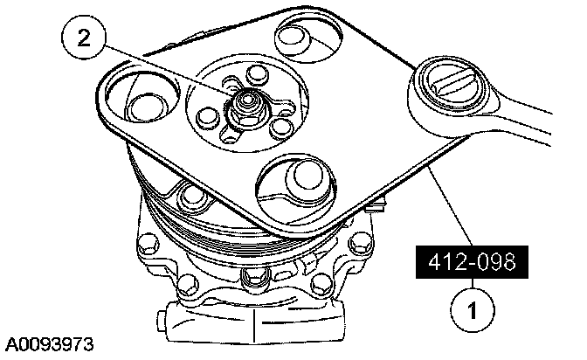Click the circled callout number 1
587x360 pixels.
pyautogui.click(x=472, y=310)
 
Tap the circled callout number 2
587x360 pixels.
pyautogui.click(x=84, y=37)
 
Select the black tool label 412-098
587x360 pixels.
pyautogui.click(x=472, y=262)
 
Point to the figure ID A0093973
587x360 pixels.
pyautogui.click(x=49, y=344)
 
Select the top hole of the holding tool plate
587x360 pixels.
pyautogui.click(x=307, y=37)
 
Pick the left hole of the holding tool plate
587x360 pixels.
pyautogui.click(x=142, y=97)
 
